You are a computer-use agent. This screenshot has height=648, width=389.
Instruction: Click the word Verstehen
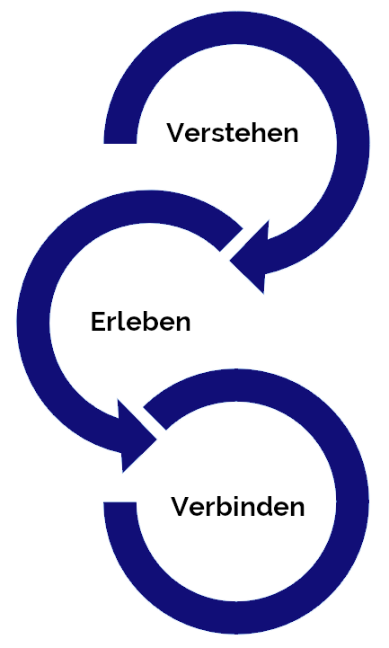pyautogui.click(x=233, y=133)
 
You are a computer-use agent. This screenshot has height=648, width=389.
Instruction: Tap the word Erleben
pyautogui.click(x=140, y=322)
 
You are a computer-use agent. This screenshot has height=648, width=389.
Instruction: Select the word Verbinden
pyautogui.click(x=238, y=506)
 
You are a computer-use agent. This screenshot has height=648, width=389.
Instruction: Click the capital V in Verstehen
pyautogui.click(x=177, y=133)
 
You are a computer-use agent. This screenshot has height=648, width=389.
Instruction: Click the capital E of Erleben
pyautogui.click(x=98, y=322)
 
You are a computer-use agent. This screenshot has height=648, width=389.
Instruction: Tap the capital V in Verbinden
pyautogui.click(x=181, y=506)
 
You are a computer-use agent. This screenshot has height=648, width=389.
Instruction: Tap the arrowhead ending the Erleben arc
pyautogui.click(x=134, y=438)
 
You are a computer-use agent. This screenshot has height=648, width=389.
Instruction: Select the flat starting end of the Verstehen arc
pyautogui.click(x=120, y=142)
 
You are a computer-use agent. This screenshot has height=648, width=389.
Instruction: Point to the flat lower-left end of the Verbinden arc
pyautogui.click(x=119, y=504)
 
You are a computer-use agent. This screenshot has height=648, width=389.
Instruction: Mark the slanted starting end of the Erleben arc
pyautogui.click(x=231, y=240)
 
